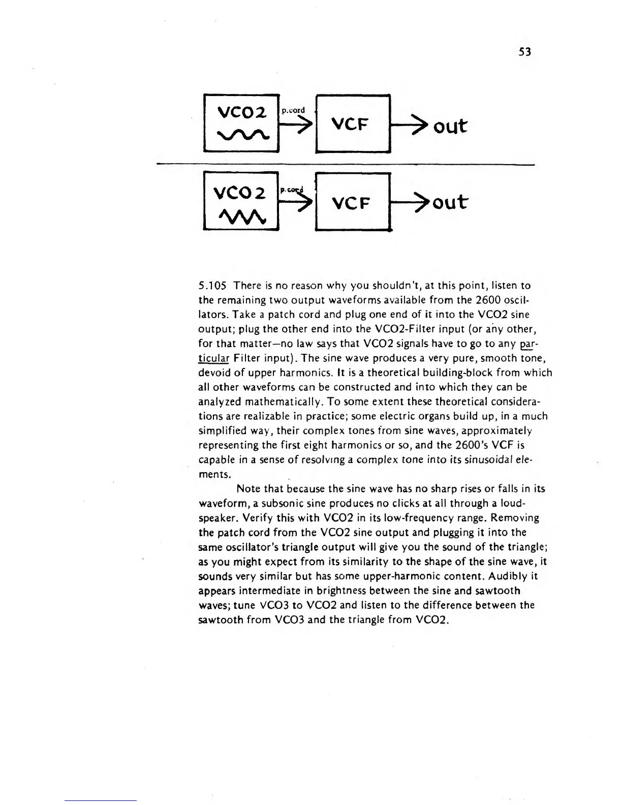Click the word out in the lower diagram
(448, 202)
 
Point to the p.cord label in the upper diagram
(293, 110)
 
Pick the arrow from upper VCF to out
(410, 126)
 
